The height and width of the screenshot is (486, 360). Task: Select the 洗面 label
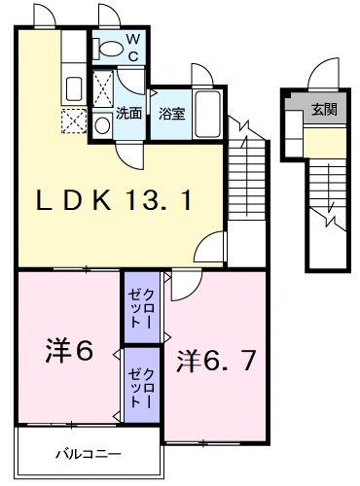point(129,113)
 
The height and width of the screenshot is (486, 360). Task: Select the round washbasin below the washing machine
point(104,124)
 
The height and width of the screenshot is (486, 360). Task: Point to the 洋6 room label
point(67,351)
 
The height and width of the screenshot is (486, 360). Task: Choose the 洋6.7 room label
point(215,361)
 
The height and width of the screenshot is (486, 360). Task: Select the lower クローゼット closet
point(142,383)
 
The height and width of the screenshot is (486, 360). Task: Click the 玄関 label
point(323,110)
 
